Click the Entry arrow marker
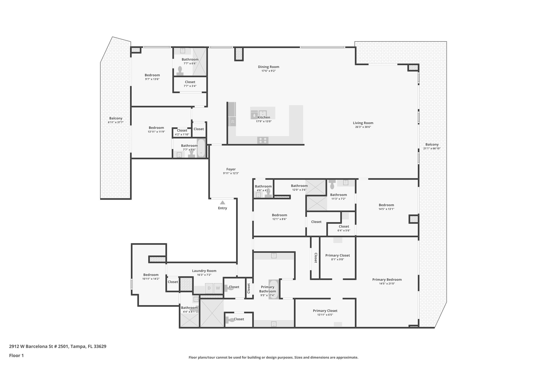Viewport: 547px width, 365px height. [222, 203]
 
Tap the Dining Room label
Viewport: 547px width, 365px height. [268, 67]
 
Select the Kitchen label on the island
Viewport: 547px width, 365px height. [264, 117]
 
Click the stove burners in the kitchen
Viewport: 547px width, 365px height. [263, 140]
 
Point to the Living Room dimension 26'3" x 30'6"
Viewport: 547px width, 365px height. [363, 127]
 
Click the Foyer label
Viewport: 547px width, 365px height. [231, 169]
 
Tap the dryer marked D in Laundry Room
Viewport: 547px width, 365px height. [209, 288]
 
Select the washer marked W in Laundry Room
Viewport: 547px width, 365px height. [218, 288]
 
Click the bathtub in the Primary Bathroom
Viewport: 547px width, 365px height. [273, 289]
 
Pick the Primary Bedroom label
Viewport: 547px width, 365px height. [387, 280]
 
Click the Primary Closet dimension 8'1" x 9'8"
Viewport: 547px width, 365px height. [338, 259]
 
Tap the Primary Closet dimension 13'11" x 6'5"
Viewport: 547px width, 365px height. [325, 315]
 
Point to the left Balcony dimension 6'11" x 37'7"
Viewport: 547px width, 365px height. [116, 122]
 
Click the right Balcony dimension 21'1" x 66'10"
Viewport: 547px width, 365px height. [432, 148]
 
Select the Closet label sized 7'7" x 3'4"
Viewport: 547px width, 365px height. [190, 82]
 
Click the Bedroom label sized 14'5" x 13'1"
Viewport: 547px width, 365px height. [386, 205]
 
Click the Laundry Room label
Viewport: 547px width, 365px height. [204, 271]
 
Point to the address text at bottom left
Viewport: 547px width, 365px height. [58, 346]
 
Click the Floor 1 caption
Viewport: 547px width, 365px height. [16, 356]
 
